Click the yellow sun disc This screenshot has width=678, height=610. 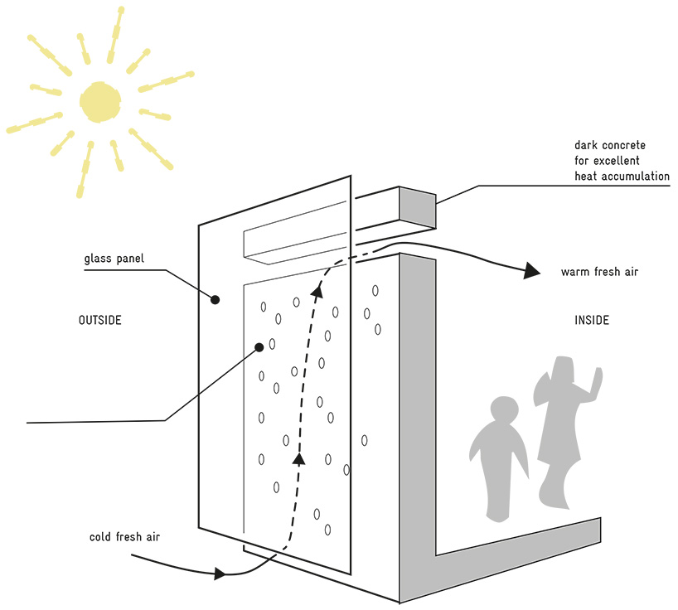click(100, 102)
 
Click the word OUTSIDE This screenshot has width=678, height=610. click(100, 320)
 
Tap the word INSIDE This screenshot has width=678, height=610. click(592, 320)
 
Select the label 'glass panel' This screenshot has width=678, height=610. click(114, 259)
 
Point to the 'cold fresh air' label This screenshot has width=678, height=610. click(124, 536)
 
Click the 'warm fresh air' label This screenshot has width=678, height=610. click(599, 272)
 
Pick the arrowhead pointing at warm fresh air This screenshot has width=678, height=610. click(532, 270)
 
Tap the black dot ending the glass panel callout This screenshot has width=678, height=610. click(215, 299)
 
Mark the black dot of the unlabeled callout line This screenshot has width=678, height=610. click(259, 347)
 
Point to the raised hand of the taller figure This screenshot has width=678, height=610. click(598, 379)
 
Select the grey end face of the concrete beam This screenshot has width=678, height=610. click(417, 207)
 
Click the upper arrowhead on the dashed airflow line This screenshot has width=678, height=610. click(317, 292)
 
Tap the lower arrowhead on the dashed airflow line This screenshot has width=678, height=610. click(298, 458)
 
